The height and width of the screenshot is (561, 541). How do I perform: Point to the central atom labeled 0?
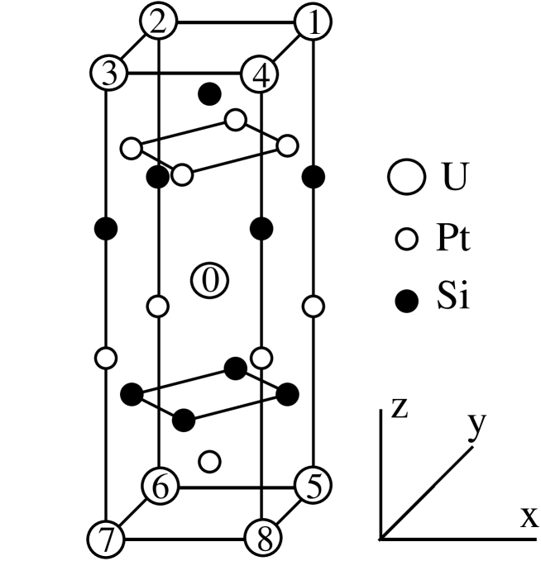coord(210,281)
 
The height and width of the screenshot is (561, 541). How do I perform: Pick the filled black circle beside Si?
coord(405,303)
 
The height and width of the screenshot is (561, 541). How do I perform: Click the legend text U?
coord(446,178)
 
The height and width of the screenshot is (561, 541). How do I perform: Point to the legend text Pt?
coord(452,240)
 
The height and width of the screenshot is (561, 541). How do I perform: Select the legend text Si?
coord(451,302)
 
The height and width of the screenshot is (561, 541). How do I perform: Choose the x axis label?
coord(528,519)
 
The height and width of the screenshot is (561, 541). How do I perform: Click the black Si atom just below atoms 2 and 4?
coord(211,95)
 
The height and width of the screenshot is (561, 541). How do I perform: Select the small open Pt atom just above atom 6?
coord(211,460)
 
